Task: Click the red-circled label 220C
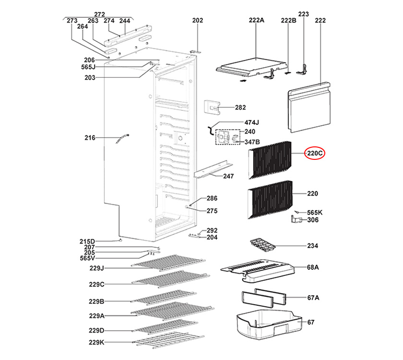[x=316, y=153]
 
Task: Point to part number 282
[x=240, y=108]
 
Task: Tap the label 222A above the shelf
[x=257, y=20]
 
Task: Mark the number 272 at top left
[x=99, y=14]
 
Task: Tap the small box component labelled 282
[x=212, y=108]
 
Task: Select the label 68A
[x=313, y=267]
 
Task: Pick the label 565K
[x=315, y=212]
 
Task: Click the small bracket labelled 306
[x=297, y=220]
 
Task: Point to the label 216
[x=90, y=138]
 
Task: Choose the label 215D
[x=87, y=241]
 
